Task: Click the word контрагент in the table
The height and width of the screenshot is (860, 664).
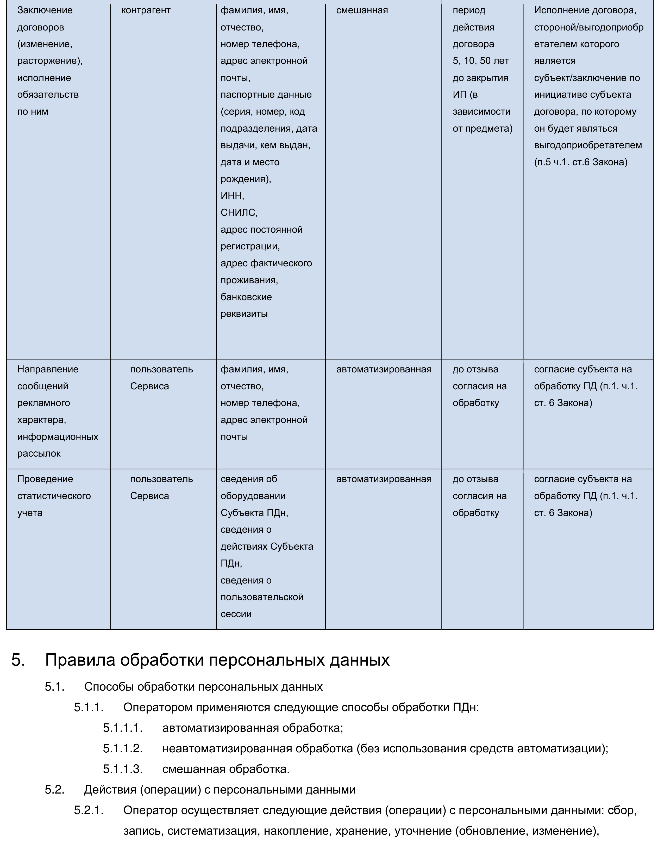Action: pos(146,10)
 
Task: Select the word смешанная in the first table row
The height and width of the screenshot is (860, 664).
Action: pos(362,10)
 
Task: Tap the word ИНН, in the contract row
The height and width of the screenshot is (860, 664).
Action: pos(232,196)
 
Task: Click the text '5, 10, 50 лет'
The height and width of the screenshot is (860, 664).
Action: pos(480,61)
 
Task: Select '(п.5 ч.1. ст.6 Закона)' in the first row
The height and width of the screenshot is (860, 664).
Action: pos(581,162)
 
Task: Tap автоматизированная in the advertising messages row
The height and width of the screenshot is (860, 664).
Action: pos(384,369)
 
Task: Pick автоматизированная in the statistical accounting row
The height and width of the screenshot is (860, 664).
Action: pos(384,479)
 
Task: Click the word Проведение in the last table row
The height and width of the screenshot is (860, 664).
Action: pos(45,479)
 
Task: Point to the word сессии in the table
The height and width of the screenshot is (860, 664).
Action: pos(236,614)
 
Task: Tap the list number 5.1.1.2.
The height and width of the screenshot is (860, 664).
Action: pos(123,748)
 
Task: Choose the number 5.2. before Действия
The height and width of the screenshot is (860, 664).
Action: pos(54,790)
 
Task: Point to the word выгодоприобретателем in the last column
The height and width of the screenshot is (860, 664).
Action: pos(588,145)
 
